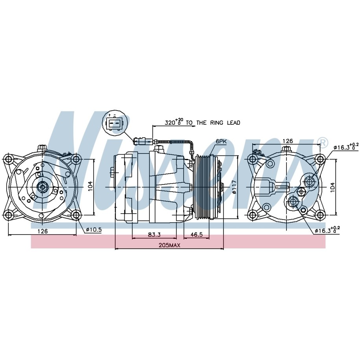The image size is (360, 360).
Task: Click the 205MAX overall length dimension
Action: [x=170, y=245]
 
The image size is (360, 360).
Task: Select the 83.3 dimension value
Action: [x=154, y=234]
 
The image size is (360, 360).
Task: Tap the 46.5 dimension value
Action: [x=197, y=234]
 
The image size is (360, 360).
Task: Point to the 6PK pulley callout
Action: [x=221, y=142]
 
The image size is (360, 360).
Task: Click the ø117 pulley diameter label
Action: [x=234, y=187]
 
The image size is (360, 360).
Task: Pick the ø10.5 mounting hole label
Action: [x=94, y=229]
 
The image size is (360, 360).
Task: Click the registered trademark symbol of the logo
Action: [x=323, y=142]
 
